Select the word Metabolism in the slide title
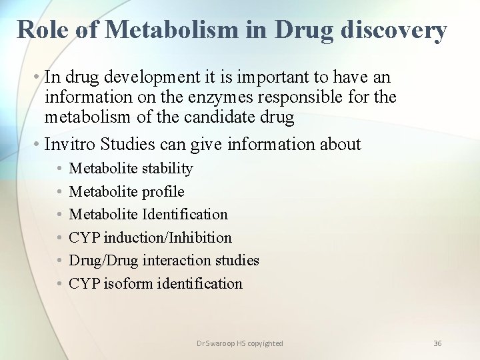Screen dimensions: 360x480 pos(171,29)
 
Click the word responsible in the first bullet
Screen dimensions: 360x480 pos(312,97)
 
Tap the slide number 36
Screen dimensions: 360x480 pos(437,343)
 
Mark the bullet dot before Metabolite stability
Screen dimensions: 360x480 pos(59,169)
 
